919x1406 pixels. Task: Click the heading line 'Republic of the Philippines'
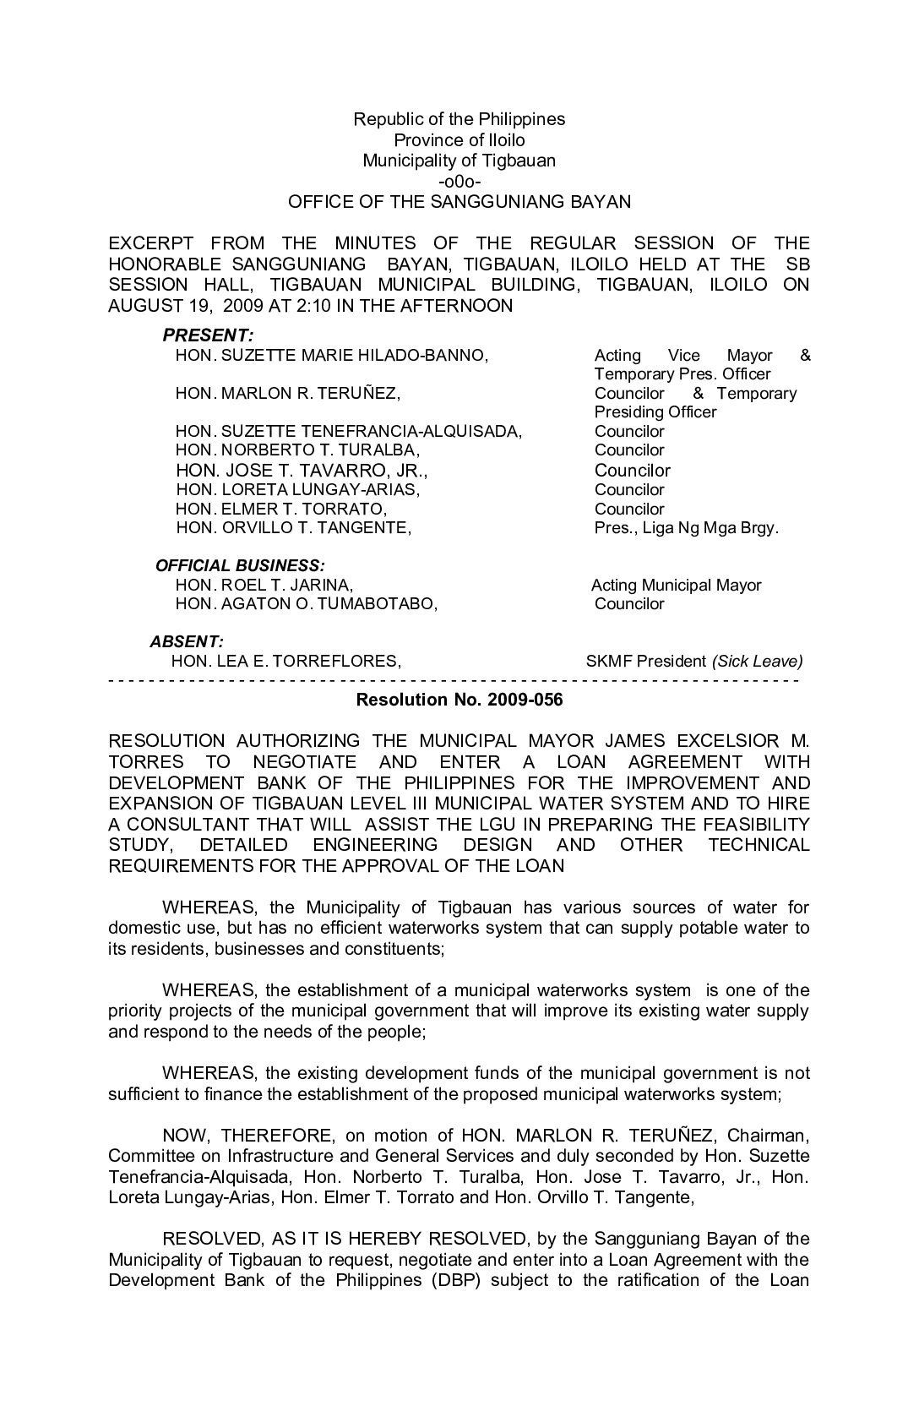(459, 119)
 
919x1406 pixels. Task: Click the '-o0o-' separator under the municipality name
(459, 181)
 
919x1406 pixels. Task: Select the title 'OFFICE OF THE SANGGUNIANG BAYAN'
(459, 202)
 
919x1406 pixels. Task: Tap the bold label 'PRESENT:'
(208, 335)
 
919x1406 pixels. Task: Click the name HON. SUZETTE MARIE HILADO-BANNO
(331, 356)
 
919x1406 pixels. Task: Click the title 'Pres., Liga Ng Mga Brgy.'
(686, 529)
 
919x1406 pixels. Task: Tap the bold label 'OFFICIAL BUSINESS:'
(241, 565)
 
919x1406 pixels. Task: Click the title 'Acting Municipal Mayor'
(676, 586)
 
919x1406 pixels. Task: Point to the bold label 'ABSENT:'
(187, 642)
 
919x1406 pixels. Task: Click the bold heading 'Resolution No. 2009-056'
(459, 700)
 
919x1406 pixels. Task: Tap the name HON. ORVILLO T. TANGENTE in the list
(293, 529)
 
